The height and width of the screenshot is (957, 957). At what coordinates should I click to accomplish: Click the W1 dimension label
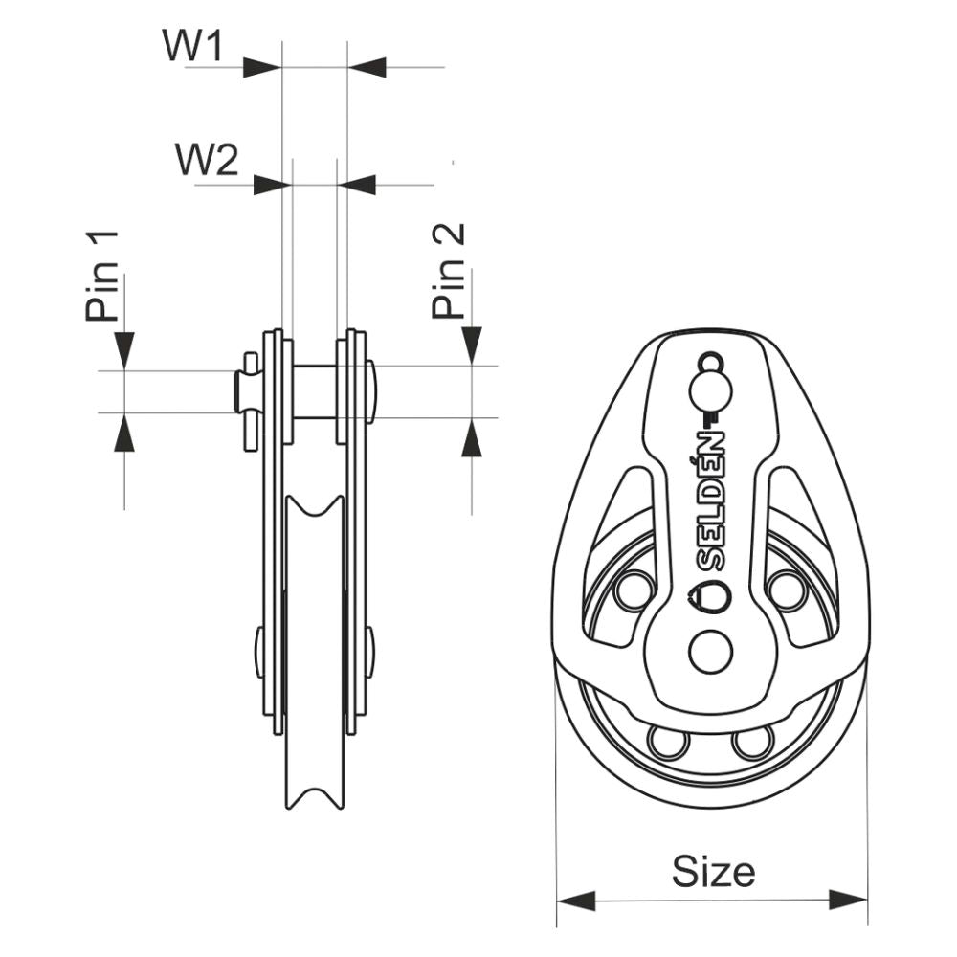pos(192,46)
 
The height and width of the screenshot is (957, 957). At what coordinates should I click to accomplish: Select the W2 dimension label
pos(206,160)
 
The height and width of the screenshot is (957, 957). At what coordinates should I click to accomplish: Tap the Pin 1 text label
pos(101,275)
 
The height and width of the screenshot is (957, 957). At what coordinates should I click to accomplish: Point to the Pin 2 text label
pos(448,271)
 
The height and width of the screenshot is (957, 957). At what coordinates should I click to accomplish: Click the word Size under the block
pos(713,871)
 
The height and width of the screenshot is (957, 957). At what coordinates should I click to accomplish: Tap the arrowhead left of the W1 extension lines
pos(261,67)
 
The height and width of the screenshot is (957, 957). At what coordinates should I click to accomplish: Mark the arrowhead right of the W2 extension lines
pos(358,185)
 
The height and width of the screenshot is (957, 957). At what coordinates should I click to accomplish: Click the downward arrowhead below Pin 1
pos(124,348)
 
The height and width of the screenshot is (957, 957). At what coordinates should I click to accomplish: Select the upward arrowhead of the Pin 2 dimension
pos(471,439)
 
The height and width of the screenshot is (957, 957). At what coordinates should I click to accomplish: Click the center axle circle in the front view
pos(710,651)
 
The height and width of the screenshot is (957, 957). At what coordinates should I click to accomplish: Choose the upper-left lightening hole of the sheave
pos(634,590)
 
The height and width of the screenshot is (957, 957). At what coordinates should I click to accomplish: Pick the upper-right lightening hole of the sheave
pos(788,590)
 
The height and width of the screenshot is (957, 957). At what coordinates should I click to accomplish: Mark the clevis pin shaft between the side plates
pos(315,390)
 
